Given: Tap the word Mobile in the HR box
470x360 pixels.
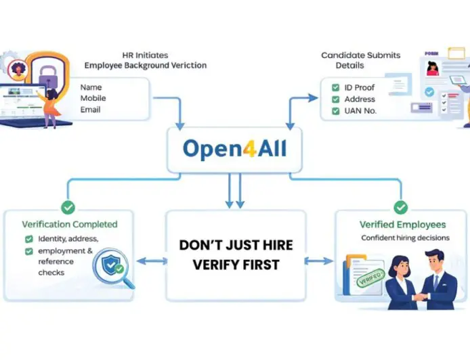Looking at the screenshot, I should coord(93,98).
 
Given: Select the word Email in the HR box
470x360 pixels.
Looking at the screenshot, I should coord(90,110).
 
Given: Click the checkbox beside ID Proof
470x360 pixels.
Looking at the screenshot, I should coord(335,88).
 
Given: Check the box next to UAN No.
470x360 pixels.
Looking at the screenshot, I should coord(335,110).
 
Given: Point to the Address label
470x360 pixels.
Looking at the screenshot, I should coord(360,99).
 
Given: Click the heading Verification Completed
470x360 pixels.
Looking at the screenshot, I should coord(70,224).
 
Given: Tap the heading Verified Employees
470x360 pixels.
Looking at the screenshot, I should coord(402,224).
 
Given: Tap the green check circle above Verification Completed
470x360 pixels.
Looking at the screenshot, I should coord(68,207).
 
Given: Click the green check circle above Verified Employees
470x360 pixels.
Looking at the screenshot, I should coord(401,206).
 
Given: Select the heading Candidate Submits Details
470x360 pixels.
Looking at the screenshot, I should coord(360,60).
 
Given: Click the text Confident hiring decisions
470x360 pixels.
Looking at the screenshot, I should coord(402,238).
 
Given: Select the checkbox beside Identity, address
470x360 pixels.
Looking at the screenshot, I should coord(28,239).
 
